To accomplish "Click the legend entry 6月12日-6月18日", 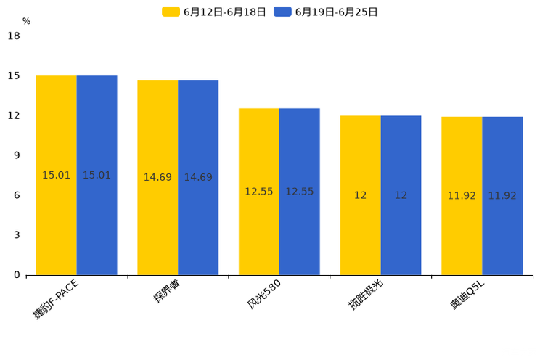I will coord(214,12).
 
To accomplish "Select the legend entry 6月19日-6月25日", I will coord(326,12).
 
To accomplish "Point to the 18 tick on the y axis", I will coord(14,36).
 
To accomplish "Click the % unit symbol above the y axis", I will coord(26,21).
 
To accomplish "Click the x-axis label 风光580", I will coord(263,295).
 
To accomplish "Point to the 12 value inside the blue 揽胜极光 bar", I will coord(401,195).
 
